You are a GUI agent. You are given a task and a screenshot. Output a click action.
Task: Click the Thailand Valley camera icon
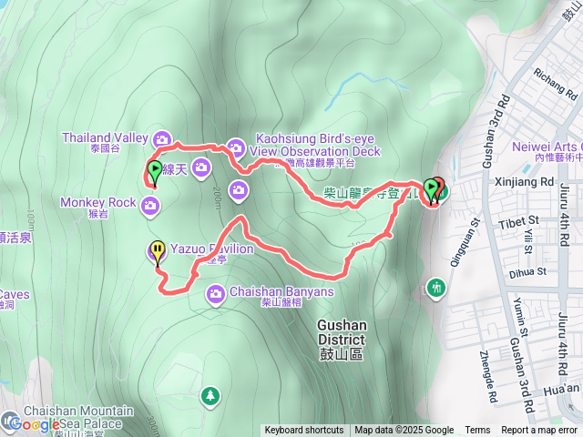click(x=162, y=138)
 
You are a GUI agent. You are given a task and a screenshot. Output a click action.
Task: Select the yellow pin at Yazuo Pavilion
click(x=158, y=250)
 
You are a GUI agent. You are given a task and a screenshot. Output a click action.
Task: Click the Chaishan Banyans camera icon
click(x=216, y=292)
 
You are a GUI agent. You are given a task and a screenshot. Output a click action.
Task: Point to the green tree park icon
click(x=210, y=395)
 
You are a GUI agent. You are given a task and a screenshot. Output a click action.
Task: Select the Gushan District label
click(x=340, y=339)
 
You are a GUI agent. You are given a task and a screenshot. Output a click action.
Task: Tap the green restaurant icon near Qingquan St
click(x=436, y=289)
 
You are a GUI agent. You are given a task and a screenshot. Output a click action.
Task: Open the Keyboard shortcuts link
click(x=303, y=431)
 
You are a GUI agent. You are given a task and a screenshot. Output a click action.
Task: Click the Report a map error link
click(x=538, y=431)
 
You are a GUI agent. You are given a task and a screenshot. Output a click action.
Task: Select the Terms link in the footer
click(x=477, y=431)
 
